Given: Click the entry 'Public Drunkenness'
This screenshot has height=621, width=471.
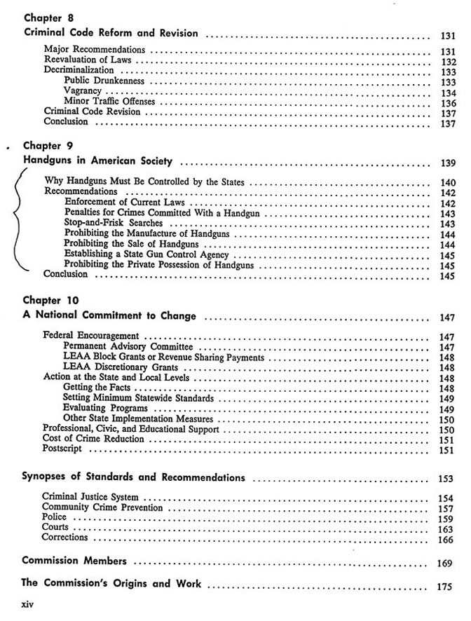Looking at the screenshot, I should tap(104, 81).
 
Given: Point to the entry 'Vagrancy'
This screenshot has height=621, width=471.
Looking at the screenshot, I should tap(83, 92).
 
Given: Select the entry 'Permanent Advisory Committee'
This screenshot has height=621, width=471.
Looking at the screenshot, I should tap(128, 347).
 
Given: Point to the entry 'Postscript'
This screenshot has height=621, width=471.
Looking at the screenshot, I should tap(67, 449).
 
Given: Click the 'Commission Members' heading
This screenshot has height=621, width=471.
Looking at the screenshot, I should tap(74, 561).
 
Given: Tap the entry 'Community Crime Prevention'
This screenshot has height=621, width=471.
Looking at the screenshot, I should tap(102, 507).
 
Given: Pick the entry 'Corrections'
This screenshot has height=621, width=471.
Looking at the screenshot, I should tap(65, 538).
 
